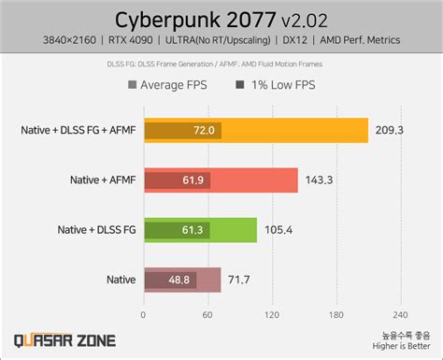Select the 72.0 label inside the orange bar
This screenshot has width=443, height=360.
(x=204, y=130)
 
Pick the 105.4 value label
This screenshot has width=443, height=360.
(x=277, y=229)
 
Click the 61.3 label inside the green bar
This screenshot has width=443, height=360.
(x=193, y=229)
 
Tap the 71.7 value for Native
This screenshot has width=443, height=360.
(x=239, y=279)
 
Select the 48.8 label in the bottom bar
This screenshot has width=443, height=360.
(x=179, y=279)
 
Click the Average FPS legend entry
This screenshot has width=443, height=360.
(x=171, y=86)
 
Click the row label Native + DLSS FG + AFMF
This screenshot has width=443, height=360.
(x=78, y=130)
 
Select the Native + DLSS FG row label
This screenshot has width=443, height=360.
(x=96, y=229)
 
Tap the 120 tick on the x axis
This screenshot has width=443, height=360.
(x=272, y=314)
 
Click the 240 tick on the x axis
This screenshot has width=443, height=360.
(x=399, y=314)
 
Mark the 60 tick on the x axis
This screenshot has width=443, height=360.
(x=208, y=314)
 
